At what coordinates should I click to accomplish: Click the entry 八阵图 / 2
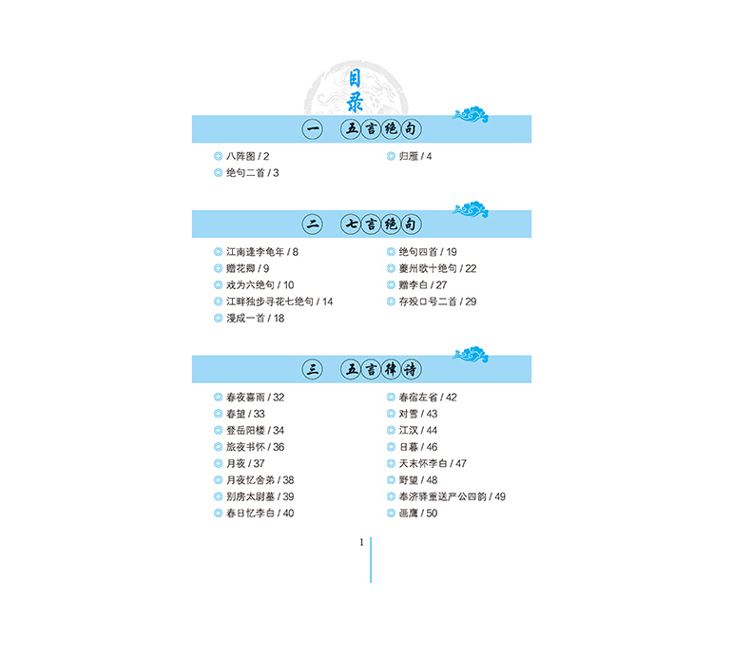(x=248, y=156)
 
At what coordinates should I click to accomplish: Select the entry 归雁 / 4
(x=415, y=156)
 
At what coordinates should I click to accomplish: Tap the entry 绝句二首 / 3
(x=252, y=173)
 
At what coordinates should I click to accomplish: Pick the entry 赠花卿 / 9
(x=247, y=269)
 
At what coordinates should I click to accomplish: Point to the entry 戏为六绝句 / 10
(x=260, y=285)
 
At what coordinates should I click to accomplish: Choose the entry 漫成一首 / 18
(x=255, y=319)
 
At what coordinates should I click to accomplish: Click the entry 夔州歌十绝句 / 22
(x=437, y=269)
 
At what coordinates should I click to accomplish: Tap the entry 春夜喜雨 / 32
(x=255, y=398)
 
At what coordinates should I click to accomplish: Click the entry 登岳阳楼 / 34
(x=255, y=431)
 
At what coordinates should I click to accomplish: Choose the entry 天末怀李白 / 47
(x=433, y=463)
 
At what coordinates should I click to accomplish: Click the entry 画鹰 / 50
(x=418, y=514)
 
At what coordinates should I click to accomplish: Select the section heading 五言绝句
(x=381, y=128)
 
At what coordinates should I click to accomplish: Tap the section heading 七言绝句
(x=381, y=224)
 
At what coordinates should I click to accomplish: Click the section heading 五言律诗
(x=381, y=369)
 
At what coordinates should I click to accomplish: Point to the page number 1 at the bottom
(x=361, y=543)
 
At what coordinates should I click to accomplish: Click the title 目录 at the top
(x=361, y=87)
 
